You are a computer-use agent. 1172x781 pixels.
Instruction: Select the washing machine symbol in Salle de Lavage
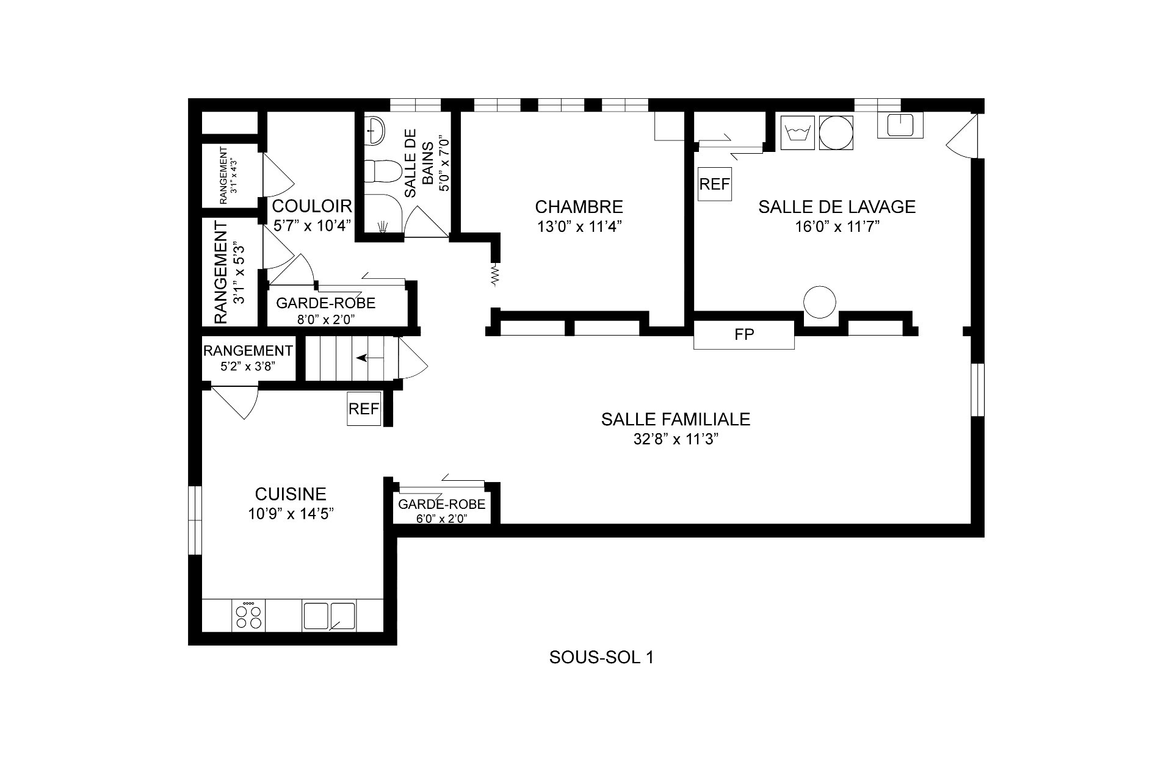[798, 132]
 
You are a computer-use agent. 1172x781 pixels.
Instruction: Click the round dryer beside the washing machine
[836, 132]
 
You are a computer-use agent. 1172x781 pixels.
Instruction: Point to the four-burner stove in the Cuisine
[249, 616]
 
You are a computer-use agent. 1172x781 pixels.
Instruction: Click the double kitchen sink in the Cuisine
[329, 616]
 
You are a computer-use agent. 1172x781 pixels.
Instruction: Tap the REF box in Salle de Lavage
[715, 184]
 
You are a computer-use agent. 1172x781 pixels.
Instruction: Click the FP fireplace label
[744, 335]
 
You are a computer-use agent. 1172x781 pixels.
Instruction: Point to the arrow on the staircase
[370, 358]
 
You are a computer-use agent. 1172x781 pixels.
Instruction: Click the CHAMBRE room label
[579, 207]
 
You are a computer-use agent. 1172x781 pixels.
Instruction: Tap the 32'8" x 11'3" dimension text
[676, 440]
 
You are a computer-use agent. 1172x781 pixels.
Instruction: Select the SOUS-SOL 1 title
[601, 657]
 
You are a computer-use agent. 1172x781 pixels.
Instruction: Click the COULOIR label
[312, 206]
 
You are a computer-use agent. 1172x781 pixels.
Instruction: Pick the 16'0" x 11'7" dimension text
[836, 227]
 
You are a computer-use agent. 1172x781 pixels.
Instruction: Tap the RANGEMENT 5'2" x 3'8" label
[248, 358]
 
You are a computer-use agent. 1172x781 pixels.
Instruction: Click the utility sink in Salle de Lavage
[900, 126]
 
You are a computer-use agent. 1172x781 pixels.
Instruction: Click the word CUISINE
[291, 494]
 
